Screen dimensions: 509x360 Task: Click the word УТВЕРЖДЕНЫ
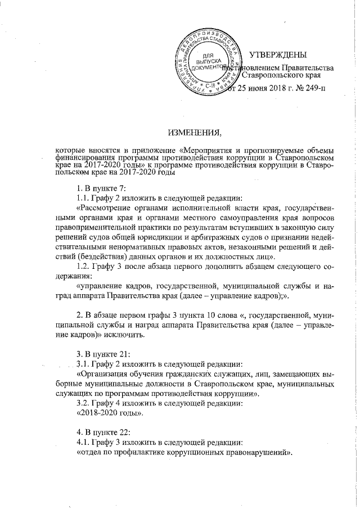[x=278, y=55]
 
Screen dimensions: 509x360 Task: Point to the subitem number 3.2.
[x=83, y=403]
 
